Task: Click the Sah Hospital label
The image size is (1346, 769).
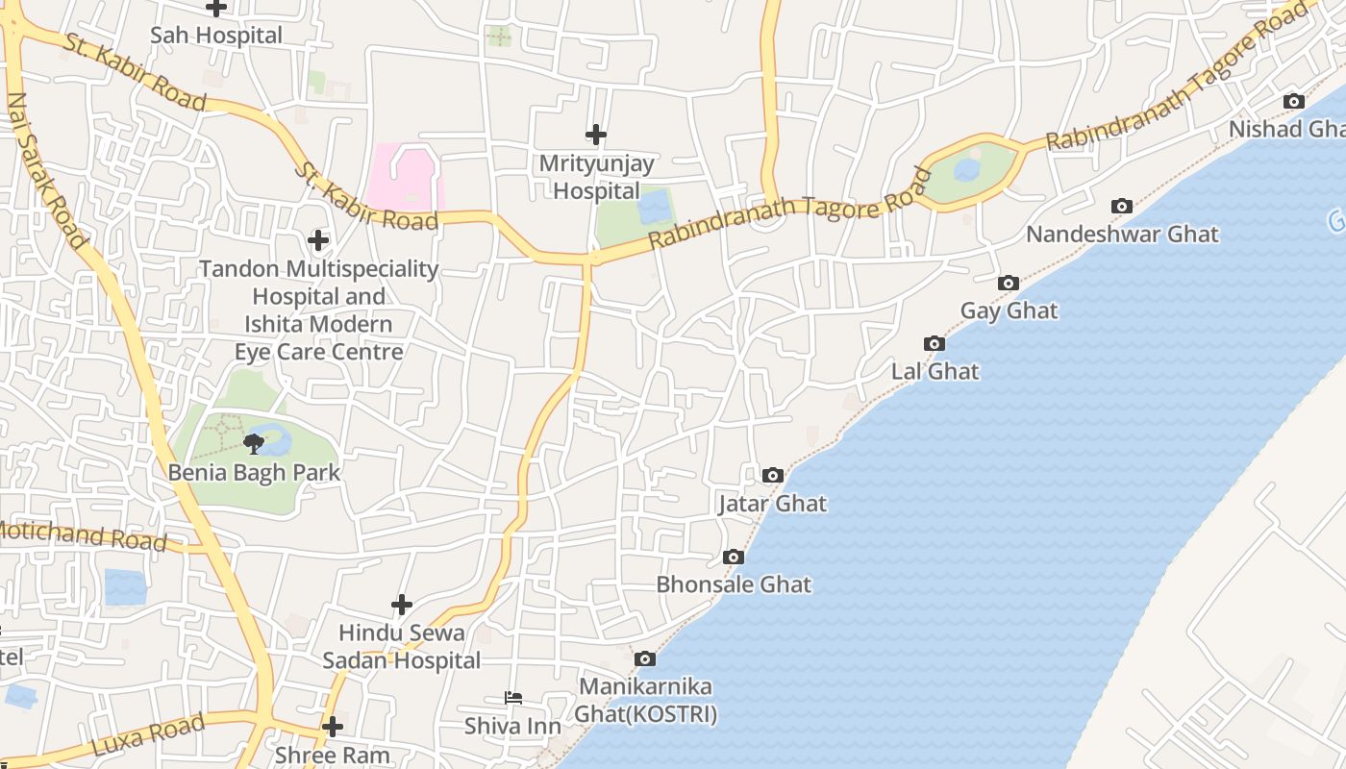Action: tap(216, 36)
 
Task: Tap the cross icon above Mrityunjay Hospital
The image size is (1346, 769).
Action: tap(596, 135)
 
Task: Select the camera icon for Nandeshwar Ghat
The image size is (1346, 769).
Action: tap(1121, 206)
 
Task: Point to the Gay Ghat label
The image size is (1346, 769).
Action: tap(1009, 310)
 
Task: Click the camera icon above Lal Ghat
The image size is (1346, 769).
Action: tap(934, 343)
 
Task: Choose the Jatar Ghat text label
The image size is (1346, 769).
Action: tap(772, 504)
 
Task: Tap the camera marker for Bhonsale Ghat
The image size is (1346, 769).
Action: tap(733, 557)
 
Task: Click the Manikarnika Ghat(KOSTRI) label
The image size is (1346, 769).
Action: tap(645, 701)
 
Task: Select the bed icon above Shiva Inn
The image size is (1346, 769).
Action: tap(513, 698)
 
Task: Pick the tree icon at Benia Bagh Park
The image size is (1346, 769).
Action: tap(254, 443)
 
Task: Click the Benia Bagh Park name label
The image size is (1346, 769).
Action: tap(254, 473)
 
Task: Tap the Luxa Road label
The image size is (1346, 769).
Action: tap(148, 735)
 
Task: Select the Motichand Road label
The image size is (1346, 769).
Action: tap(82, 535)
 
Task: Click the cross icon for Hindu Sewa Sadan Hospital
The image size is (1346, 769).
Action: tap(402, 605)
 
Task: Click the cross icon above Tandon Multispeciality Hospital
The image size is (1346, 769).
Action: tap(318, 240)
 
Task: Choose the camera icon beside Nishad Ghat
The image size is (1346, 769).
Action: tap(1294, 101)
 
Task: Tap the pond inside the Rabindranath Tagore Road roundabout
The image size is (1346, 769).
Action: tap(967, 170)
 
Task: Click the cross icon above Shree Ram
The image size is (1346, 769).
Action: tap(333, 727)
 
